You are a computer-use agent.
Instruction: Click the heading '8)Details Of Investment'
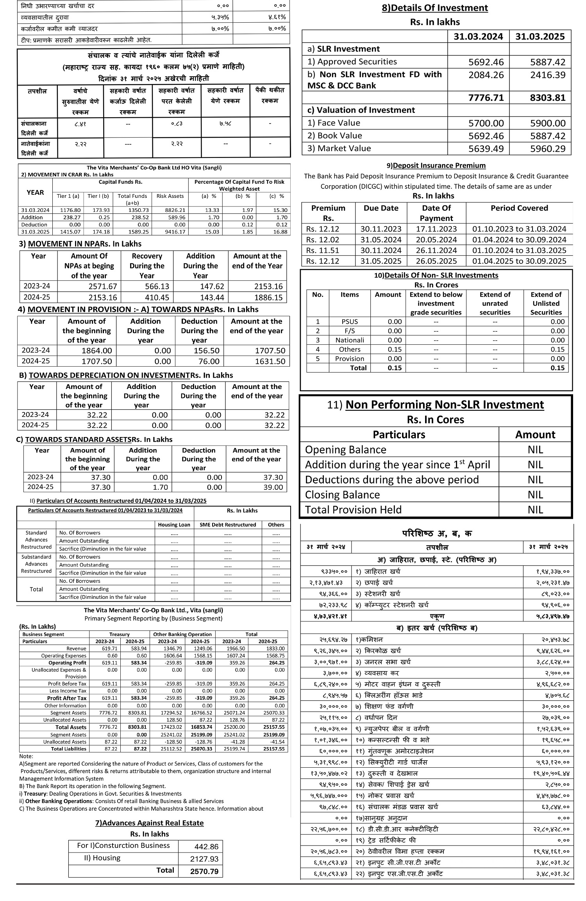click(435, 8)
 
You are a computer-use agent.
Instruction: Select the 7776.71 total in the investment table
click(486, 97)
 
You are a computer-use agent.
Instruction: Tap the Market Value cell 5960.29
click(548, 149)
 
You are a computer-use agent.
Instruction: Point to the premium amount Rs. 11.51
click(323, 250)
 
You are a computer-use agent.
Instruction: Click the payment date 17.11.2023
click(436, 229)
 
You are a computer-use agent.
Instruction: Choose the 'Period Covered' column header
click(519, 208)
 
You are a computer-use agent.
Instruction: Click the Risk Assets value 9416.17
click(171, 232)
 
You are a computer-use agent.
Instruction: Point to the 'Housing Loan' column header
click(174, 525)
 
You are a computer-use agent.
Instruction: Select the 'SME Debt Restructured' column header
click(228, 525)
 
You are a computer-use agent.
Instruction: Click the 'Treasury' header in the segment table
click(119, 634)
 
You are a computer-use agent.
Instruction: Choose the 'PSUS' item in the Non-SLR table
click(349, 322)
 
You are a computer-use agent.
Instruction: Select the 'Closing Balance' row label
click(342, 495)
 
